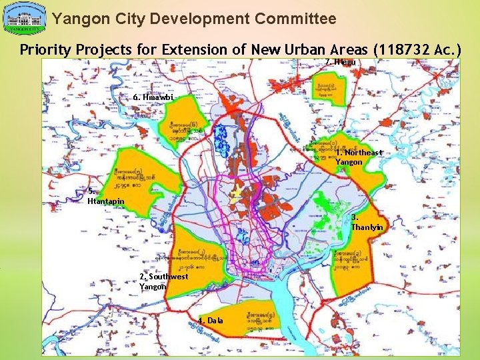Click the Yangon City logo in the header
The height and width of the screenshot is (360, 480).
(x=25, y=19)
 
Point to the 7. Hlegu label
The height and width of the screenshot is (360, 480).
(x=341, y=62)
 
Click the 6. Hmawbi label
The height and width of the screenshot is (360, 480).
(x=154, y=97)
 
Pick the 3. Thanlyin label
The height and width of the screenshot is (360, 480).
(x=367, y=222)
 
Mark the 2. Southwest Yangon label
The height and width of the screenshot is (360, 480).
(x=163, y=281)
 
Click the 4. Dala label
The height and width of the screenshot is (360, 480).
(x=211, y=321)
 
